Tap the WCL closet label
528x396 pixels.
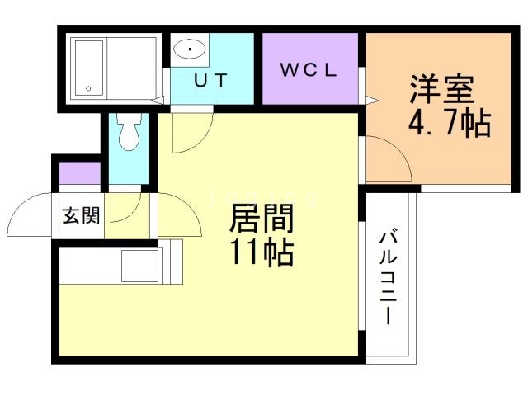point(309,70)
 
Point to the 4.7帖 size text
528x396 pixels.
point(450,124)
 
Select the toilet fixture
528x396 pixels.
point(127,133)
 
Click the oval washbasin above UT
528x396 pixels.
point(190,49)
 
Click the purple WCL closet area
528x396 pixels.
point(310,69)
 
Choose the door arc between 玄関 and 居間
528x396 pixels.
point(124,210)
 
